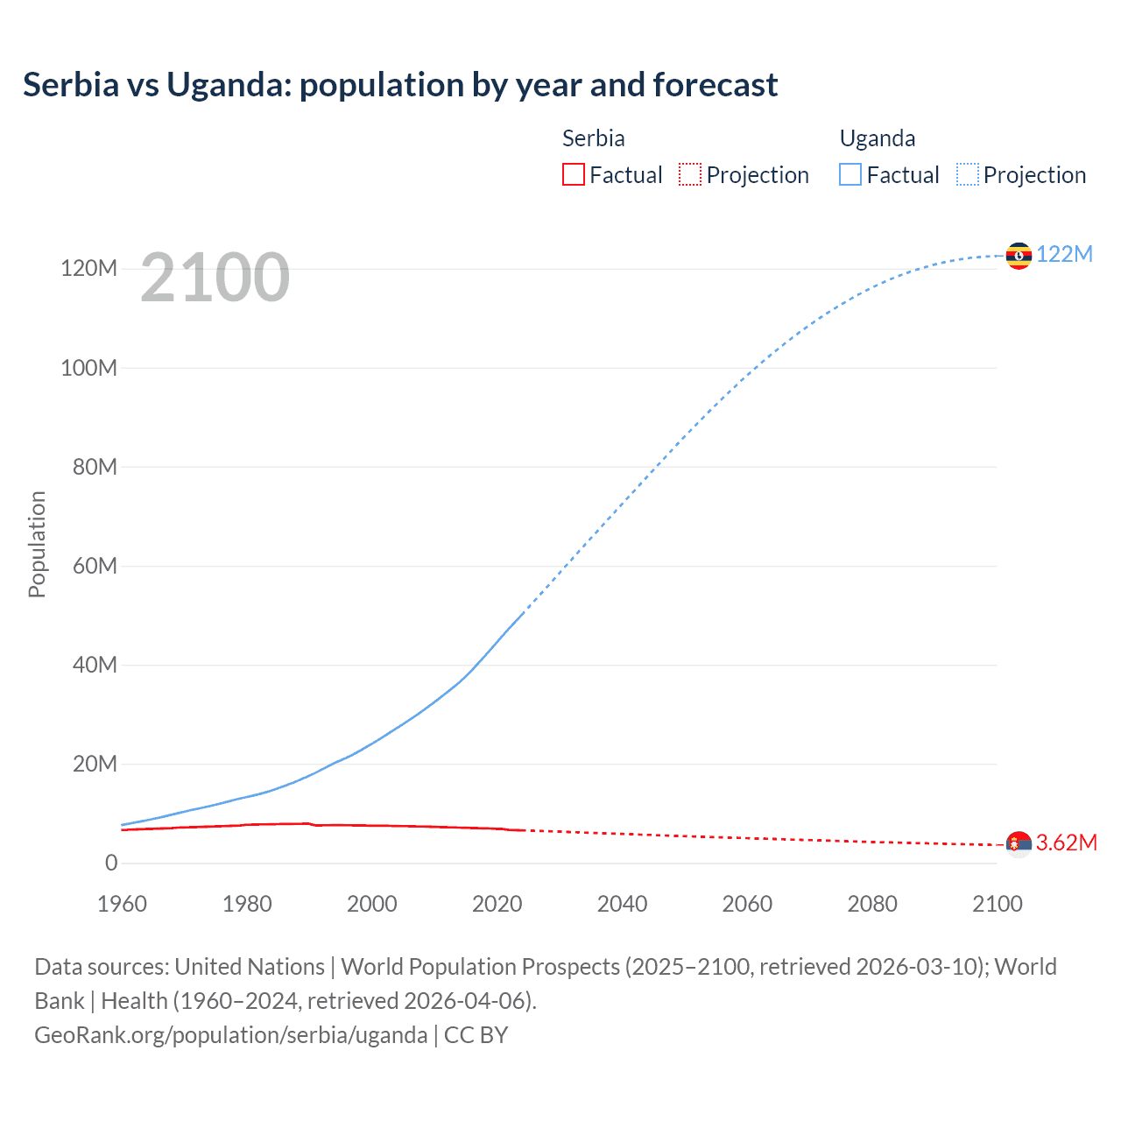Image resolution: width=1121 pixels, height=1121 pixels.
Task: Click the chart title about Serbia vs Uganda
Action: [400, 85]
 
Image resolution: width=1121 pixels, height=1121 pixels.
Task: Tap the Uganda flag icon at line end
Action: [1019, 256]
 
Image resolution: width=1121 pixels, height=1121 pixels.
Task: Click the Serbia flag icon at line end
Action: [1019, 844]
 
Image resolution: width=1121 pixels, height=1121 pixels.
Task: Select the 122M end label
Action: [1064, 254]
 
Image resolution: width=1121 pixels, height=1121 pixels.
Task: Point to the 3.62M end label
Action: [1066, 843]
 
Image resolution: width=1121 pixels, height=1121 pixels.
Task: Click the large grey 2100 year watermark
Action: [215, 278]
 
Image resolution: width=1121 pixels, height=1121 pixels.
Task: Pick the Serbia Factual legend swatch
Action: [573, 174]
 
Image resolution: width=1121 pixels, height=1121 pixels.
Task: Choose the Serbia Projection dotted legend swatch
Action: [690, 174]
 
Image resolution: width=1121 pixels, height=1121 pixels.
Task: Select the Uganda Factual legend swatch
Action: [850, 174]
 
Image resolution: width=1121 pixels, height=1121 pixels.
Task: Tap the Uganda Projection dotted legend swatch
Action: [968, 174]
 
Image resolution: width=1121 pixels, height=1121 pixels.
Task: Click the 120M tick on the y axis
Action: [88, 268]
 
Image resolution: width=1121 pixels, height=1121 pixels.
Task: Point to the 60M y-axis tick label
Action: [95, 566]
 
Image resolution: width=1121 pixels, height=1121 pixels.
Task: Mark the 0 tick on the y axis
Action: [111, 863]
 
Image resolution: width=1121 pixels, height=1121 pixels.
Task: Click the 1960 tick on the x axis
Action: [122, 904]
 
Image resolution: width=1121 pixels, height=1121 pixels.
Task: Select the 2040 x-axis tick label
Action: [622, 904]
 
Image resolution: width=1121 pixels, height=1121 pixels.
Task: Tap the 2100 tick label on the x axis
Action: [997, 904]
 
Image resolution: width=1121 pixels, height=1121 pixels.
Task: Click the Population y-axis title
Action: [37, 544]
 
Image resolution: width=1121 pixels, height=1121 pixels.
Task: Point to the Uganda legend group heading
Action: [877, 138]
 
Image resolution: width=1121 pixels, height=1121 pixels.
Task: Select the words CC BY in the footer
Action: [476, 1034]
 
